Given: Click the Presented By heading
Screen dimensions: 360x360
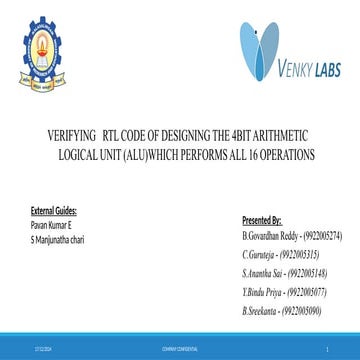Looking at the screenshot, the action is click(x=262, y=217).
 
